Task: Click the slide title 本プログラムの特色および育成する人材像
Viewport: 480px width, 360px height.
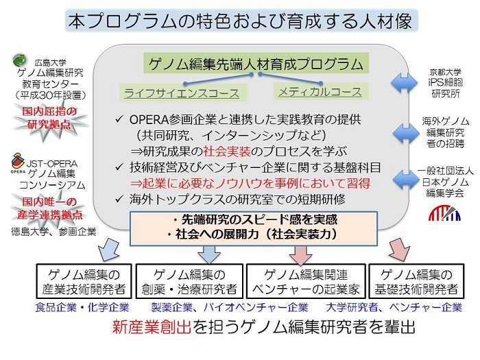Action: [x=241, y=21]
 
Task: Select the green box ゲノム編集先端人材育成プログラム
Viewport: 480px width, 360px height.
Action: [x=256, y=64]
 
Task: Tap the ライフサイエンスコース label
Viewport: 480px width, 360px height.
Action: [x=182, y=93]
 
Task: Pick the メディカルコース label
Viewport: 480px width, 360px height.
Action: [x=320, y=92]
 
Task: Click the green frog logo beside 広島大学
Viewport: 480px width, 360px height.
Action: [x=21, y=60]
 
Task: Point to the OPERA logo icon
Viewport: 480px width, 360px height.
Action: [x=18, y=161]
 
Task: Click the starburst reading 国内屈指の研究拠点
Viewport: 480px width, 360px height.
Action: [x=49, y=118]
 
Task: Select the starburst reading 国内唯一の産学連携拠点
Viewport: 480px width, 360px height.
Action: [x=49, y=208]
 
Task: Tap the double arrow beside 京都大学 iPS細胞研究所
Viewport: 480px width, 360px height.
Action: [x=404, y=83]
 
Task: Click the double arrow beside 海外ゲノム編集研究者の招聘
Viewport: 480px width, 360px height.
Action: [x=406, y=133]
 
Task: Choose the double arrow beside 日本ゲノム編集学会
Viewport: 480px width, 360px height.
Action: [x=406, y=180]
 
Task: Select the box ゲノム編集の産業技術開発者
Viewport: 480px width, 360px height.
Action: [x=84, y=281]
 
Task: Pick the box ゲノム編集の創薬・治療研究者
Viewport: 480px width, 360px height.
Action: [x=189, y=281]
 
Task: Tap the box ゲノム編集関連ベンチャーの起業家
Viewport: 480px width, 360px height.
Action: [x=306, y=281]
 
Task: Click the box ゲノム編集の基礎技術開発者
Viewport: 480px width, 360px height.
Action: [x=417, y=281]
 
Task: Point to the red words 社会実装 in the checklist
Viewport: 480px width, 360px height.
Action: [x=227, y=152]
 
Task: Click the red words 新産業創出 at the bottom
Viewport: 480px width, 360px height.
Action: [x=152, y=327]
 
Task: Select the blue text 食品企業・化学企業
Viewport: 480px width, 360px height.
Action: [x=82, y=307]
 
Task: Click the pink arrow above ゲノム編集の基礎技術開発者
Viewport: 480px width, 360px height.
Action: [x=400, y=250]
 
